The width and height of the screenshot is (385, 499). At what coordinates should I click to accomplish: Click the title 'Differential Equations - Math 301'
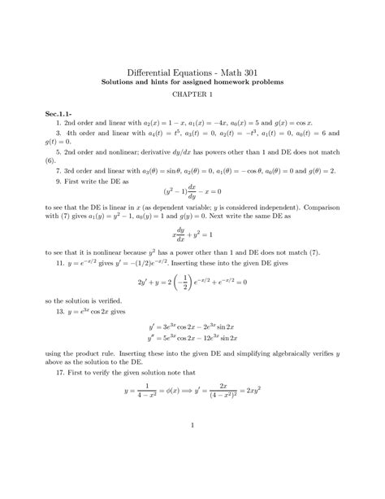[192, 71]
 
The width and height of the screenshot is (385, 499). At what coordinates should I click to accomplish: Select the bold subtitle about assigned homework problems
[192, 83]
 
